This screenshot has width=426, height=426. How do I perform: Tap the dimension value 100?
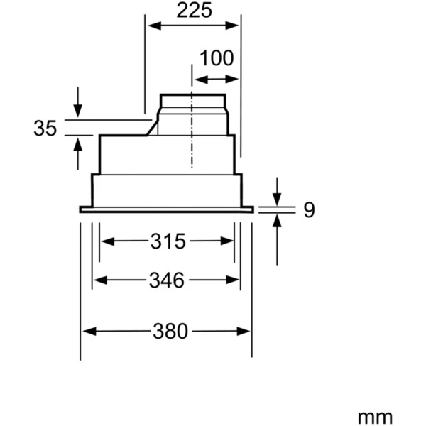click(216, 58)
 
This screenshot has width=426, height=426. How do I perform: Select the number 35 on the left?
click(45, 129)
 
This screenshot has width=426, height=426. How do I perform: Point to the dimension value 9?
click(308, 209)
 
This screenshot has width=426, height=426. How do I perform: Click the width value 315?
click(168, 241)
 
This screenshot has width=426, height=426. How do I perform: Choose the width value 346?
click(168, 280)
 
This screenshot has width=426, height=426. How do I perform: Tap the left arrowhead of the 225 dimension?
click(152, 26)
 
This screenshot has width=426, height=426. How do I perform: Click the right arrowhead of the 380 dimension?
click(246, 332)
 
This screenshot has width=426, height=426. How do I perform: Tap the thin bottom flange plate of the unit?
click(166, 209)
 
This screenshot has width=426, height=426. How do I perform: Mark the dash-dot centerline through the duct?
click(192, 142)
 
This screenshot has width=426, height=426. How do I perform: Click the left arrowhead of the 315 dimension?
click(104, 241)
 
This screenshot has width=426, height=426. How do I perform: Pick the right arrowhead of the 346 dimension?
click(235, 280)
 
